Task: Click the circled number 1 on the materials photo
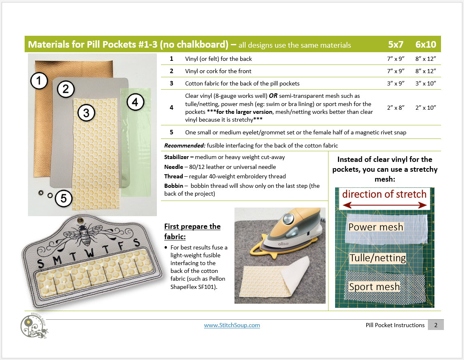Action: pyautogui.click(x=39, y=81)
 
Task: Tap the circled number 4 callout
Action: pyautogui.click(x=135, y=102)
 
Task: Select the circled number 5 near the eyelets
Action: pyautogui.click(x=64, y=198)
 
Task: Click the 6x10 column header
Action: pyautogui.click(x=425, y=44)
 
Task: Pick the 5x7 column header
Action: pyautogui.click(x=396, y=44)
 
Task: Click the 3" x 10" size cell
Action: pyautogui.click(x=425, y=83)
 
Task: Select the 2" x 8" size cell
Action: pyautogui.click(x=396, y=108)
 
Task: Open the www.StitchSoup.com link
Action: pyautogui.click(x=232, y=325)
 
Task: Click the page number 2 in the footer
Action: pyautogui.click(x=436, y=325)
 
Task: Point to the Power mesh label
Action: pyautogui.click(x=376, y=227)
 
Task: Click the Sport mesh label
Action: pyautogui.click(x=374, y=286)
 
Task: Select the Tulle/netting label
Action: pyautogui.click(x=378, y=258)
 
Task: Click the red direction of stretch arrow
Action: pyautogui.click(x=384, y=205)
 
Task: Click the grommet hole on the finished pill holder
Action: pyautogui.click(x=80, y=220)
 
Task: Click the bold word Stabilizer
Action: pyautogui.click(x=177, y=157)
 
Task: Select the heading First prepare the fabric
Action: pyautogui.click(x=192, y=231)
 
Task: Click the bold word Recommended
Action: pyautogui.click(x=185, y=145)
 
